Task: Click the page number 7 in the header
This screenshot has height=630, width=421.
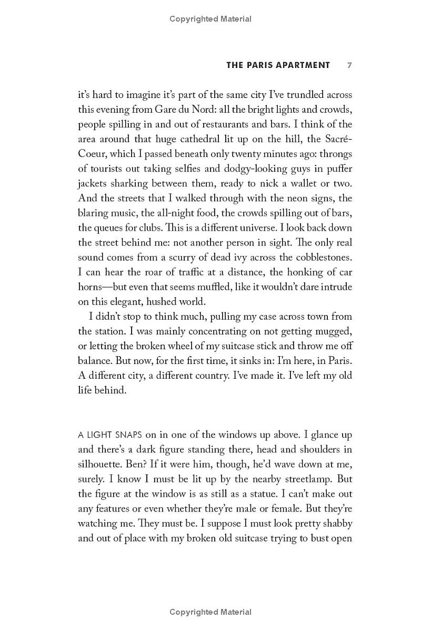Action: tap(349, 65)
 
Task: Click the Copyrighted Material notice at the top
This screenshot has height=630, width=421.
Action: tap(210, 19)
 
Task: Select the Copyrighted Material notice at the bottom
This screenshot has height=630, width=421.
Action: tap(210, 612)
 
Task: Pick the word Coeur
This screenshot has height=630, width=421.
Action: tap(93, 154)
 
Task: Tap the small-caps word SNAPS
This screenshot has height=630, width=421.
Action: tap(123, 435)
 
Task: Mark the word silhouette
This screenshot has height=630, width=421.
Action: tap(99, 465)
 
